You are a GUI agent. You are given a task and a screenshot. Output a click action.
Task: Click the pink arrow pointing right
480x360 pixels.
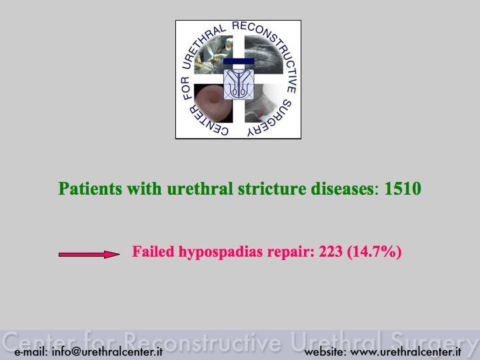pos(89,255)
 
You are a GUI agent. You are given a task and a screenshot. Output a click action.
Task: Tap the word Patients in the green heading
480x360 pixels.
pos(90,188)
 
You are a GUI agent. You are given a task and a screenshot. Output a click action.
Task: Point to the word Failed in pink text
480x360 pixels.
pos(153,251)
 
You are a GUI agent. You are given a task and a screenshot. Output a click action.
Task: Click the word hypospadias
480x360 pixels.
pos(221,252)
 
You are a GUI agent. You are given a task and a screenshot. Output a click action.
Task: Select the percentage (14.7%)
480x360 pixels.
pos(374,252)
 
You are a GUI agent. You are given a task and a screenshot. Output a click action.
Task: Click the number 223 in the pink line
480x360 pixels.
pos(331,251)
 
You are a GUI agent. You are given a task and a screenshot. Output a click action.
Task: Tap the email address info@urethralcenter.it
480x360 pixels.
pos(107,351)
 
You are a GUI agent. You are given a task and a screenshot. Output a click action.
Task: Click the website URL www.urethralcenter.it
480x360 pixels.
pos(405,351)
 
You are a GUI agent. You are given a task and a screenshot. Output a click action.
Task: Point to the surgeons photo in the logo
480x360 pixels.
pos(213,55)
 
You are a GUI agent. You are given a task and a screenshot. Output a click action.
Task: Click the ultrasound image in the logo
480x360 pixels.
pos(264,55)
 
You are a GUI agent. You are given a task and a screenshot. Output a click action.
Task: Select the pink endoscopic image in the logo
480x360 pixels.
pos(213,103)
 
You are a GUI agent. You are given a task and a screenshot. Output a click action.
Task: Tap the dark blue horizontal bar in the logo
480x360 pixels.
pos(239,61)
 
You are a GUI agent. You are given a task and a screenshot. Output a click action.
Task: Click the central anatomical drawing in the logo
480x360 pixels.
pos(239,84)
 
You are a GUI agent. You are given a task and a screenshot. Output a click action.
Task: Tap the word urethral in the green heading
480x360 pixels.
pos(200,188)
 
